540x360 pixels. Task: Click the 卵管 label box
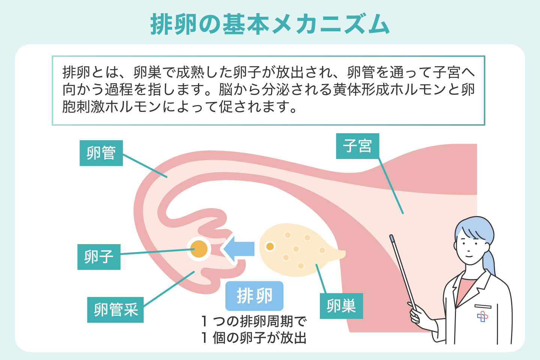(x=101, y=153)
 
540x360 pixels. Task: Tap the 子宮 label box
(x=357, y=146)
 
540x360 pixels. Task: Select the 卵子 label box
(x=99, y=257)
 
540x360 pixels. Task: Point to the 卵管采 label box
(x=115, y=310)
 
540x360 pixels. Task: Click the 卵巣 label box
(x=341, y=306)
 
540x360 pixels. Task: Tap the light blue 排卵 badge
(x=254, y=296)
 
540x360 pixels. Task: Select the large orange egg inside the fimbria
(x=199, y=249)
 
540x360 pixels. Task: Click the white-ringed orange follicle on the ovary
(x=270, y=246)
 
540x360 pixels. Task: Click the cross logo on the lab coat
(x=483, y=316)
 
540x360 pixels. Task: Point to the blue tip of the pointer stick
(x=391, y=238)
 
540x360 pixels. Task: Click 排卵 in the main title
(x=174, y=25)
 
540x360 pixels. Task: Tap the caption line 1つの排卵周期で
(x=254, y=321)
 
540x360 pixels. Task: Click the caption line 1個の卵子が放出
(x=254, y=338)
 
